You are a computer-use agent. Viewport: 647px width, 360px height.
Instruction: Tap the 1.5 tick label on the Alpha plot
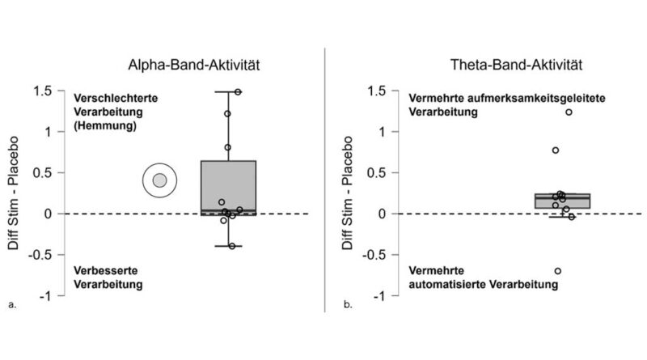[x=40, y=91]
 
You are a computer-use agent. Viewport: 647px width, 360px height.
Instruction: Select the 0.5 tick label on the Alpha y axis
[x=40, y=172]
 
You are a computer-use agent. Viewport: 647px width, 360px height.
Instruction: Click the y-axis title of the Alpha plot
[x=14, y=193]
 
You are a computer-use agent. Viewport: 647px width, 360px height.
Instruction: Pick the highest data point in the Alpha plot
[x=238, y=92]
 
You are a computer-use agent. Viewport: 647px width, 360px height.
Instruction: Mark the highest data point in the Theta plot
[x=569, y=112]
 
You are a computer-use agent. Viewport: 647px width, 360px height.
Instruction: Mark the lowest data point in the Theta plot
[x=558, y=271]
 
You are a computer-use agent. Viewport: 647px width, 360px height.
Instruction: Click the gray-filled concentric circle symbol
[x=159, y=180]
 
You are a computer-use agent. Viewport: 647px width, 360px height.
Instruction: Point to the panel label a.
[x=11, y=306]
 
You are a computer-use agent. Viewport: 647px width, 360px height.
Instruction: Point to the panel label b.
[x=348, y=306]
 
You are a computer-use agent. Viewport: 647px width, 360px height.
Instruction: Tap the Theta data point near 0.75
[x=556, y=150]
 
